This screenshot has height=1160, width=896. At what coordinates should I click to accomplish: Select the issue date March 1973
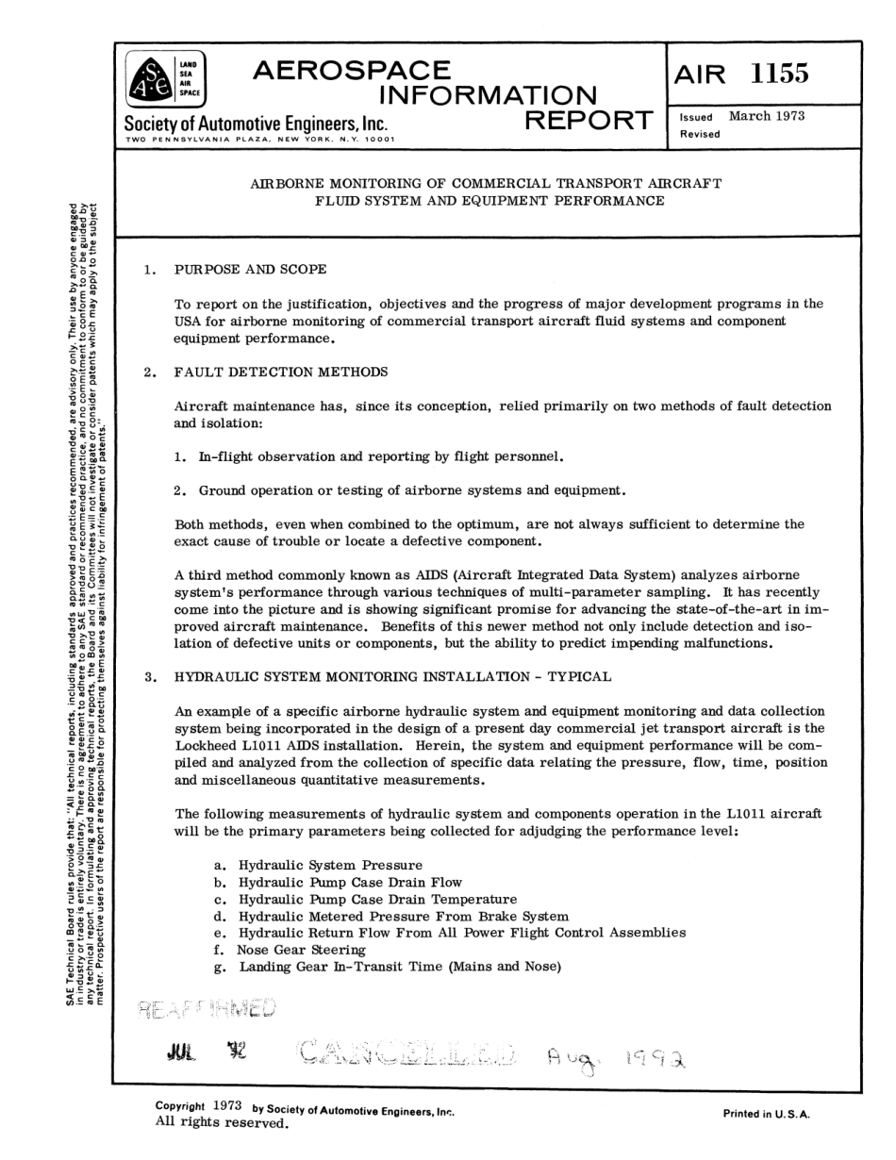pos(767,116)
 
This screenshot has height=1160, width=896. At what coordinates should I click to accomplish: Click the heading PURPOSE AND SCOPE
pos(251,270)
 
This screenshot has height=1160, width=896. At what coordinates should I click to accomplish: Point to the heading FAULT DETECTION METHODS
pos(281,372)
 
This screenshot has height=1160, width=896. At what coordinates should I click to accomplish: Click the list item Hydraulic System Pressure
pos(330,864)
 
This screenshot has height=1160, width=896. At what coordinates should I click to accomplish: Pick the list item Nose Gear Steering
pos(301,950)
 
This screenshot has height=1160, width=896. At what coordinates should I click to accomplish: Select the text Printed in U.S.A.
pos(767,1113)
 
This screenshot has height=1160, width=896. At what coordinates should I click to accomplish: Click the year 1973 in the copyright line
pos(227,1105)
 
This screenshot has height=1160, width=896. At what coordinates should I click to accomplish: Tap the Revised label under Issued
pos(699,134)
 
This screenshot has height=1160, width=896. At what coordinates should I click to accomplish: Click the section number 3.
pos(149,676)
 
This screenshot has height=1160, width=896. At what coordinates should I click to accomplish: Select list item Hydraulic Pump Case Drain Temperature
pos(377,899)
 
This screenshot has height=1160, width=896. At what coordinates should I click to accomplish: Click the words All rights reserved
pos(220,1122)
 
